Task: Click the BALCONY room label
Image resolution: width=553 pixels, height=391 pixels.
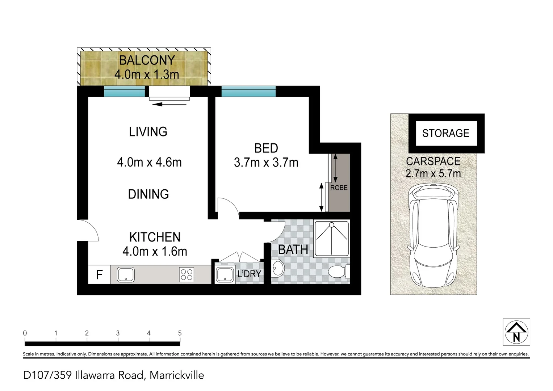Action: coord(147,60)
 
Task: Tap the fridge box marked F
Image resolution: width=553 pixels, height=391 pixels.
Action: coord(99,274)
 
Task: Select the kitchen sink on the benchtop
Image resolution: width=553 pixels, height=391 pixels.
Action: coord(126,275)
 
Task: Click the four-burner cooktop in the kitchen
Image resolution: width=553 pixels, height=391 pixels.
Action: coord(187,275)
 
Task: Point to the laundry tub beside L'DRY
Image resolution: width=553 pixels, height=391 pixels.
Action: coord(225,275)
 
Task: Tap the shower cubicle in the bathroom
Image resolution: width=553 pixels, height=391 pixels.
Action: coord(331,239)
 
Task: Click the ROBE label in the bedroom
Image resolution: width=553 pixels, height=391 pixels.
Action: coord(339,188)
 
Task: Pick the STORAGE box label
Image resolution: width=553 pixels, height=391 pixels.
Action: coord(445,133)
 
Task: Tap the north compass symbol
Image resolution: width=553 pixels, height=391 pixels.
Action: coord(516,332)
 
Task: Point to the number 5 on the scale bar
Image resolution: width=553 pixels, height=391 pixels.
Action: coord(180,333)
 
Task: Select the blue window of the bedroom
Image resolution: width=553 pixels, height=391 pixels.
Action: coord(248,91)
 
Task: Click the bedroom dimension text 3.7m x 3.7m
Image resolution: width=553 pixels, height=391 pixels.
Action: coord(266,163)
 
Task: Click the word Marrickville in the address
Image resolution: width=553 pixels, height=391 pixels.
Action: coord(177,375)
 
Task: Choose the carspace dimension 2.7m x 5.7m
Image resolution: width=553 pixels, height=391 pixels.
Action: coord(433,173)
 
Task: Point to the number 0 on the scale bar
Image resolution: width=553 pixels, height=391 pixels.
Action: coord(25,333)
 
